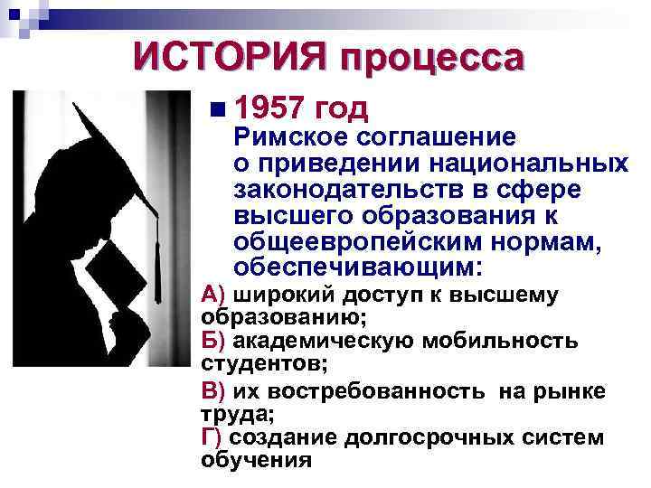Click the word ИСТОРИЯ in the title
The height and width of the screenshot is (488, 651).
pyautogui.click(x=230, y=58)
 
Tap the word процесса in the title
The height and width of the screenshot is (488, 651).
pyautogui.click(x=432, y=60)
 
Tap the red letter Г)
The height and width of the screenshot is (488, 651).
pyautogui.click(x=212, y=437)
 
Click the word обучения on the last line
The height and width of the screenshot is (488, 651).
pyautogui.click(x=256, y=460)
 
